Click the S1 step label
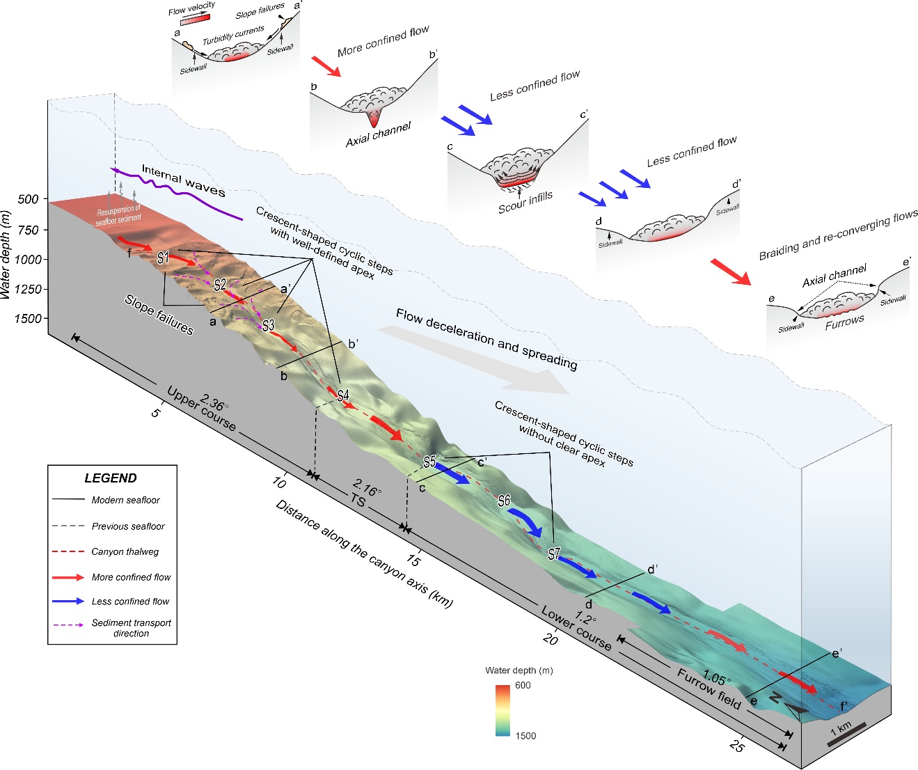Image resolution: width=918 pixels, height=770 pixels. [163, 258]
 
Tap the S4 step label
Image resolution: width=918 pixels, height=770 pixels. [343, 396]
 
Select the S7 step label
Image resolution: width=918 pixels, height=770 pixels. [554, 554]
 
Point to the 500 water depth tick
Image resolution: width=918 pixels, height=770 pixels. [29, 200]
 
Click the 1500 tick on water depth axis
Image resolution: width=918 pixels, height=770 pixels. [27, 319]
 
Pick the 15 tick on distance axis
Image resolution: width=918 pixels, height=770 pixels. [413, 560]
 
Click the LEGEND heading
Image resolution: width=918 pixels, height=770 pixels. [111, 478]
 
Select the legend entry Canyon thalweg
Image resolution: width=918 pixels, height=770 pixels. [125, 552]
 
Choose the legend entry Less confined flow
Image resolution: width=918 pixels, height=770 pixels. [130, 602]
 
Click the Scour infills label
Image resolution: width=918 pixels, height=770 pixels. [525, 203]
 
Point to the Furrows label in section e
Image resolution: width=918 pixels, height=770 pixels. [844, 322]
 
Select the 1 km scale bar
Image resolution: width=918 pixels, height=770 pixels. [846, 734]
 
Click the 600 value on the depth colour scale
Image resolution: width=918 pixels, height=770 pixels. [523, 686]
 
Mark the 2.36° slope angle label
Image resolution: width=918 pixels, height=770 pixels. [213, 403]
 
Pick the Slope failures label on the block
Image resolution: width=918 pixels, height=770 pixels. [159, 314]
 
